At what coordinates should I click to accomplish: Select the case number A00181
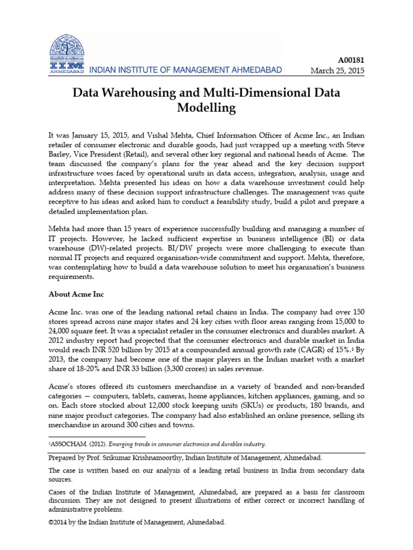coord(350,61)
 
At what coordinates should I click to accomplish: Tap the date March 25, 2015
coord(338,71)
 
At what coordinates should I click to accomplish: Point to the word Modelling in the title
coord(206,107)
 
